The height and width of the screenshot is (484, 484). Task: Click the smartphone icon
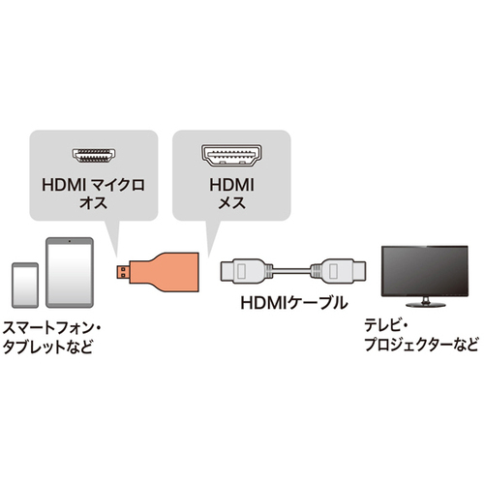point(25,286)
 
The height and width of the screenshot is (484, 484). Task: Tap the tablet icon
point(70,272)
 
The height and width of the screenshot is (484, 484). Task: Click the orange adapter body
point(165,272)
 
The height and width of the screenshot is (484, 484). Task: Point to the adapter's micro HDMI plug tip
point(123,272)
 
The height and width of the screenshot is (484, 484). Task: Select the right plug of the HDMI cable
point(338,270)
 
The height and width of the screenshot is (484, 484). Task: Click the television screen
point(425,271)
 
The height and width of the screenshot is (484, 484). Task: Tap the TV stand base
point(426,304)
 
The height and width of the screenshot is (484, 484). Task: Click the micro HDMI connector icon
point(94,155)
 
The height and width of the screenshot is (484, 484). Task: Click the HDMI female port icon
point(231,155)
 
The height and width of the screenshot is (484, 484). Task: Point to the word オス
point(94,203)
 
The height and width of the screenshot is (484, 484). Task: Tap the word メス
point(231,203)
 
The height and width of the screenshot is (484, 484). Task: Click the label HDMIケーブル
point(294,303)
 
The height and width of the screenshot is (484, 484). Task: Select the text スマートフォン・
point(52,327)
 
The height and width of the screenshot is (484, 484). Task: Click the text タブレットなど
point(47,347)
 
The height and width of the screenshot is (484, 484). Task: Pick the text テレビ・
point(386,325)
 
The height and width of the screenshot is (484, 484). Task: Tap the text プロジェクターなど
point(421,345)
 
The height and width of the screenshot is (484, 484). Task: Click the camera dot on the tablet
point(70,241)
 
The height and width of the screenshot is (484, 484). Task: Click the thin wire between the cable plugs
point(292,270)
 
